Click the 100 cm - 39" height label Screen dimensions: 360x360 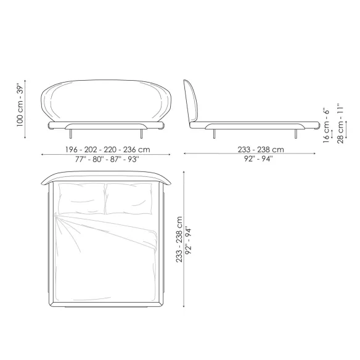pos(20,106)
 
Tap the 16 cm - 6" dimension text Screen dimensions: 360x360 pos(326,125)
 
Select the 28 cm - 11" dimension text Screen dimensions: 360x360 pos(340,124)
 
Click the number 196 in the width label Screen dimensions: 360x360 pos(72,150)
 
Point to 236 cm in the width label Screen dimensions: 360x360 pos(137,150)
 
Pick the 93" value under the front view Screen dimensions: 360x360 pos(134,159)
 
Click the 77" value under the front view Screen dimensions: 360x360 pos(80,159)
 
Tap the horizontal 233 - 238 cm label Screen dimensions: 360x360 pos(261,150)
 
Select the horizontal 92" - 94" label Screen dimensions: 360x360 pos(258,159)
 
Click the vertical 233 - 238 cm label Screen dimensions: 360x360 pos(179,239)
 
